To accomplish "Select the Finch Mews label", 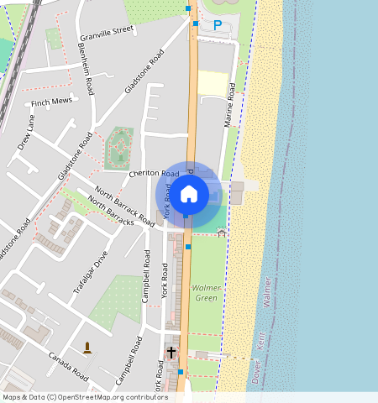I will [51, 103].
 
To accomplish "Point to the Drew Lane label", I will [26, 133].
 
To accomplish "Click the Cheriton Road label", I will [155, 173].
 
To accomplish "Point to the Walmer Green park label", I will [206, 293].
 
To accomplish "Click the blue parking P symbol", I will [218, 25].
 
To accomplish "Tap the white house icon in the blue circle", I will [189, 194].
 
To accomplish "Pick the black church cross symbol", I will [171, 353].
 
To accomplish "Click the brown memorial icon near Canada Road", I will [87, 347].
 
